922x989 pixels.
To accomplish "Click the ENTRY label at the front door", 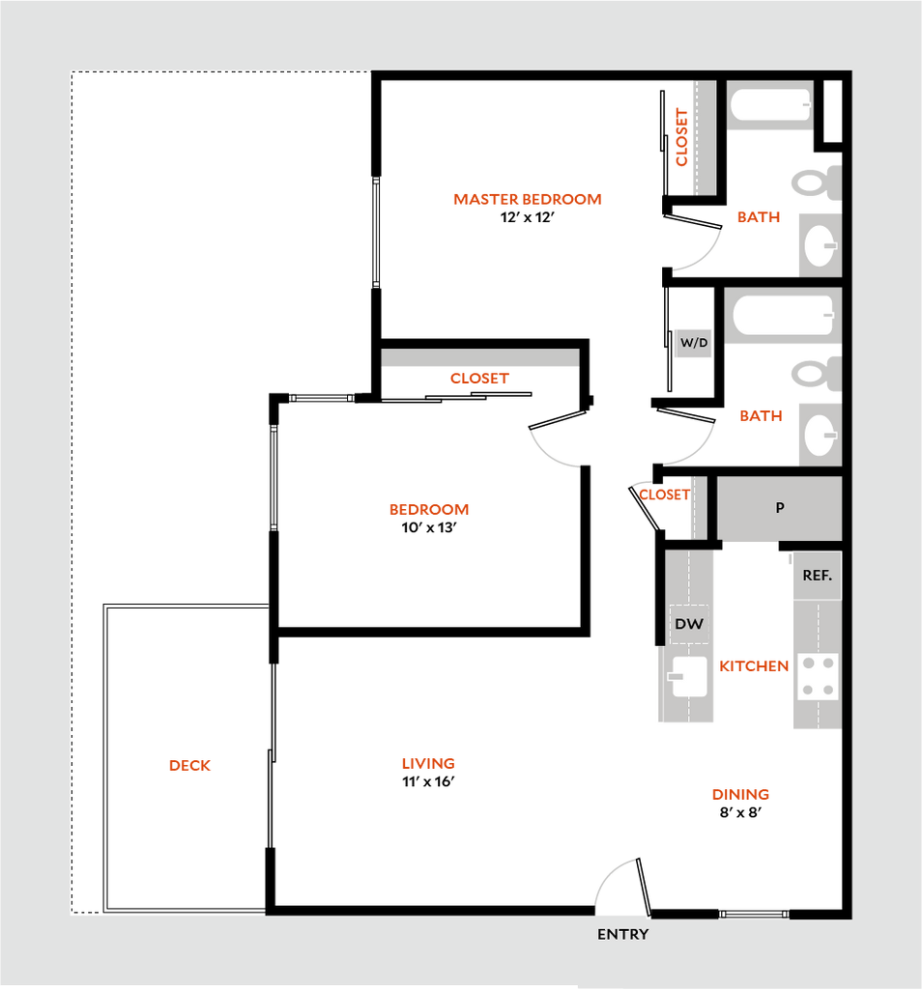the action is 622,934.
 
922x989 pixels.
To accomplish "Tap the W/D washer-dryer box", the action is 693,343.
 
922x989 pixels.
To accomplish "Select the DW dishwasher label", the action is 689,625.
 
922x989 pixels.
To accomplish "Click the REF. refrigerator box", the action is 817,576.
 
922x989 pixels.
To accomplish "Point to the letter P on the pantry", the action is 780,508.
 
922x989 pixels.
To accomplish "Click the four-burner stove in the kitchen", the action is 817,676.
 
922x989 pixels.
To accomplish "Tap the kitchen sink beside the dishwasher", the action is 689,675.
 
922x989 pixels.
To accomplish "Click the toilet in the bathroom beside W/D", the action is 817,374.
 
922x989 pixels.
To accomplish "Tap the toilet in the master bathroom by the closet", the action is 817,182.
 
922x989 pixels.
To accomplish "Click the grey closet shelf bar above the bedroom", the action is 480,357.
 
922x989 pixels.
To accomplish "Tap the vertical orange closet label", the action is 682,137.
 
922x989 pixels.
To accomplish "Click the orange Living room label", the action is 428,764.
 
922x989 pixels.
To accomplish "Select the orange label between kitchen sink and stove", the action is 755,666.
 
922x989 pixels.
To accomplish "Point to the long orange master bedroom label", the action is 528,199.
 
